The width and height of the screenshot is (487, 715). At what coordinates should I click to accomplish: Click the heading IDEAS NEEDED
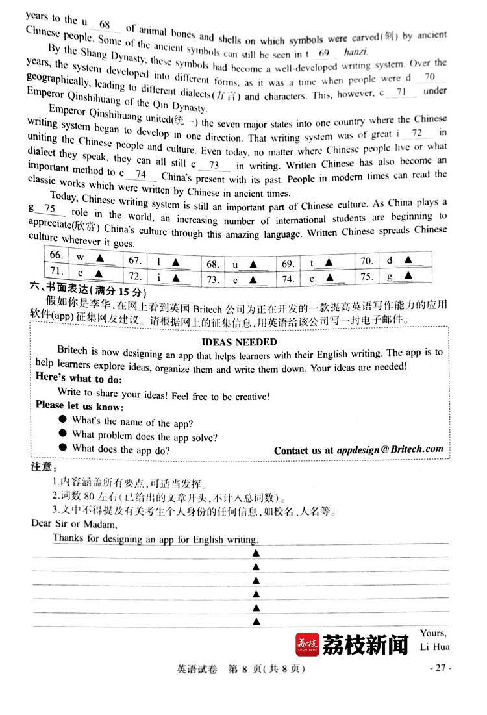coord(239,342)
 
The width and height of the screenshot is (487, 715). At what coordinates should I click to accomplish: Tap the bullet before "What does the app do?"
coord(63,447)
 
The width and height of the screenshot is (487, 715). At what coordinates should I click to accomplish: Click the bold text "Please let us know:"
coord(79,405)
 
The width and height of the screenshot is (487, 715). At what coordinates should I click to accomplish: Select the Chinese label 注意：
coord(44,468)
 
